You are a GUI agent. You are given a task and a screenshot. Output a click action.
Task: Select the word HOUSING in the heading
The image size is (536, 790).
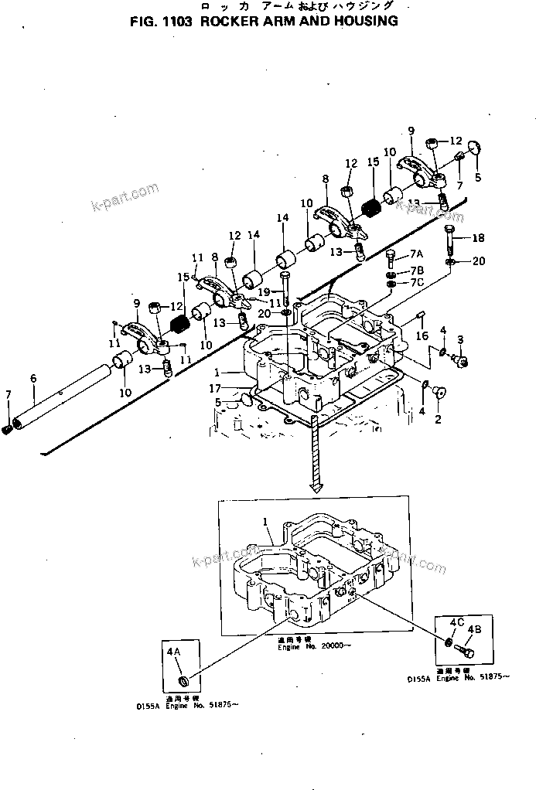(x=362, y=22)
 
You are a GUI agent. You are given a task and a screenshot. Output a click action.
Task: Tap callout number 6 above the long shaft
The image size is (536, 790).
(x=33, y=378)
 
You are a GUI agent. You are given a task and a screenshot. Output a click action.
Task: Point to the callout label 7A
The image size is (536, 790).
(x=417, y=254)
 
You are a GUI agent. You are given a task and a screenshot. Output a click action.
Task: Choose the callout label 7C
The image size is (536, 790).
(x=417, y=283)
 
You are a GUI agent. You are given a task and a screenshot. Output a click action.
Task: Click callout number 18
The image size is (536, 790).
(x=478, y=237)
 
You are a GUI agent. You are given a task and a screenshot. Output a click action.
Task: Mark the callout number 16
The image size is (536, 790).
(x=422, y=337)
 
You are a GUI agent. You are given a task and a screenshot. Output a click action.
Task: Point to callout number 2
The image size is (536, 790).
(x=438, y=420)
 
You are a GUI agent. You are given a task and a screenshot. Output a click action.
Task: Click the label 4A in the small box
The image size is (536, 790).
(x=173, y=652)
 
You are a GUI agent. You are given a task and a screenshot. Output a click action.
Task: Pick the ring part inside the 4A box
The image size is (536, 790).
(x=183, y=680)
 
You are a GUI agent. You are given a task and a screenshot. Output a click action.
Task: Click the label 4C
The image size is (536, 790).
(x=456, y=622)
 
